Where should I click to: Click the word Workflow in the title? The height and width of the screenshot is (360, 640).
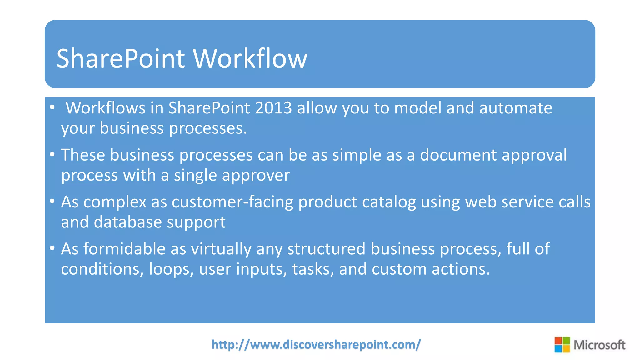[x=250, y=58]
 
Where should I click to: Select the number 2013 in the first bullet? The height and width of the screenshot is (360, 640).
[x=273, y=108]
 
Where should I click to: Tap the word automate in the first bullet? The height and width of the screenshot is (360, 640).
[x=516, y=108]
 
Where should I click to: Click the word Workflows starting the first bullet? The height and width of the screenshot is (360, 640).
[x=105, y=108]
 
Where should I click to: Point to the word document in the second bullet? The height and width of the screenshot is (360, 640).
[x=458, y=155]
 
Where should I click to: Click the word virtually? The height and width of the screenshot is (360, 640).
[x=221, y=249]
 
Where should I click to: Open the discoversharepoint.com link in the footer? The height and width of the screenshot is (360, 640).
[x=316, y=345]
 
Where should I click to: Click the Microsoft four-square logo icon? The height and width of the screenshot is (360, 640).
[x=562, y=345]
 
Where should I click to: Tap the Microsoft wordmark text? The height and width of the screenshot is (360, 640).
[x=599, y=345]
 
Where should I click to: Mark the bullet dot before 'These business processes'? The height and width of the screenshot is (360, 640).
[x=52, y=154]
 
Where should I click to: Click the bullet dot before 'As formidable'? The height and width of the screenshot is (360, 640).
[x=52, y=248]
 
